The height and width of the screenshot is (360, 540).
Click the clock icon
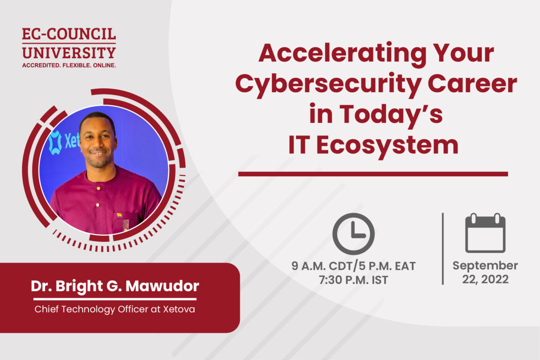353,233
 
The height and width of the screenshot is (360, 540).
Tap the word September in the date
485,266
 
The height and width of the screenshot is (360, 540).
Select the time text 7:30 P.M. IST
353,280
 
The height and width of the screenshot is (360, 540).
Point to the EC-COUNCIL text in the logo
69,35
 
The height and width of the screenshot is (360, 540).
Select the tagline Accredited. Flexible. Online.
69,65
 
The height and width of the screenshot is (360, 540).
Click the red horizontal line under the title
373,174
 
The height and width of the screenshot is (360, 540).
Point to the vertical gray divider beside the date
442,248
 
